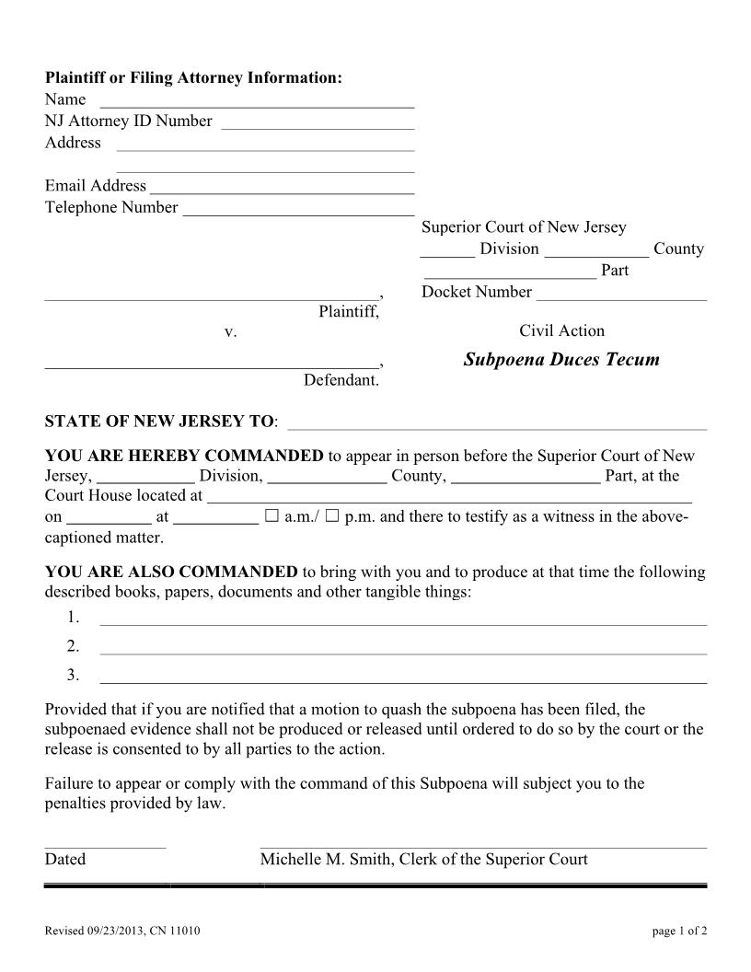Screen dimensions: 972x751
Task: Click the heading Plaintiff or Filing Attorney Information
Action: [193, 77]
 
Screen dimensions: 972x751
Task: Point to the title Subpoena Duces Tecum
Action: [561, 359]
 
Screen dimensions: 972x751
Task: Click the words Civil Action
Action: [561, 330]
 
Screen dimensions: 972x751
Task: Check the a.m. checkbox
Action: [272, 516]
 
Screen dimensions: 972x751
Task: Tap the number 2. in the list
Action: [73, 645]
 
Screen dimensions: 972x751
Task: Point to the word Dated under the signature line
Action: [64, 859]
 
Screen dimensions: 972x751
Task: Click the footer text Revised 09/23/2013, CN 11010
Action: [122, 931]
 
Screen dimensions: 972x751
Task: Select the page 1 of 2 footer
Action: [679, 931]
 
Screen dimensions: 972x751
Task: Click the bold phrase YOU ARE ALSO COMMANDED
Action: [171, 572]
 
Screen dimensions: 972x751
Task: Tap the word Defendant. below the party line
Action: [341, 380]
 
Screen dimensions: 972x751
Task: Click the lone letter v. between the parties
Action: [231, 331]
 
